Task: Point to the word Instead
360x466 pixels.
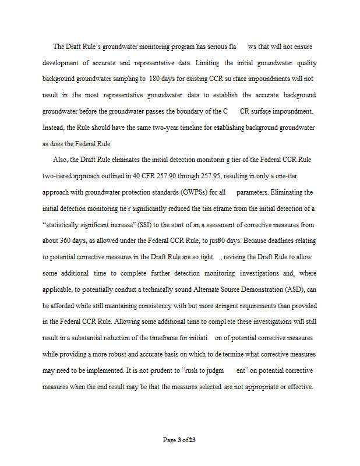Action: click(x=54, y=127)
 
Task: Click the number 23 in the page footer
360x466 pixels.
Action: click(x=192, y=440)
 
